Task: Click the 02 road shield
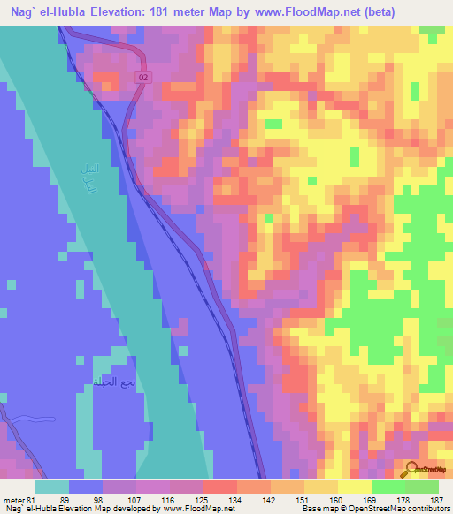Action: [142, 79]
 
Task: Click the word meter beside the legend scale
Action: [14, 500]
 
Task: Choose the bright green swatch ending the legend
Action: [421, 487]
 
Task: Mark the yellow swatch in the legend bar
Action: [354, 487]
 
